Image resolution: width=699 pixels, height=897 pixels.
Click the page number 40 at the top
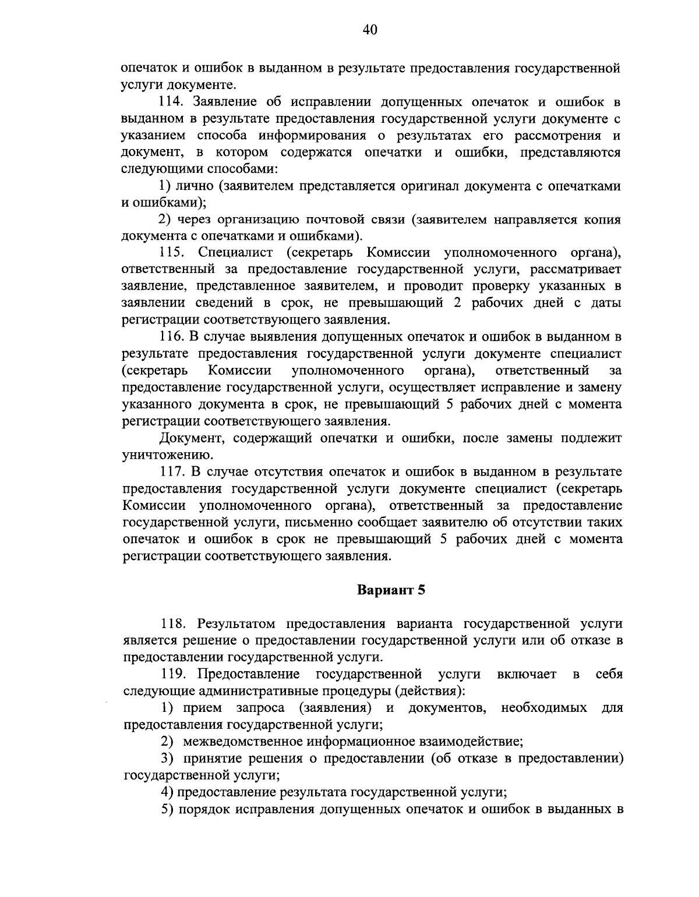pos(370,30)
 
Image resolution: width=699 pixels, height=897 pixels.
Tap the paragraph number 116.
pos(172,337)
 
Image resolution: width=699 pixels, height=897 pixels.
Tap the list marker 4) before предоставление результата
pos(167,792)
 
